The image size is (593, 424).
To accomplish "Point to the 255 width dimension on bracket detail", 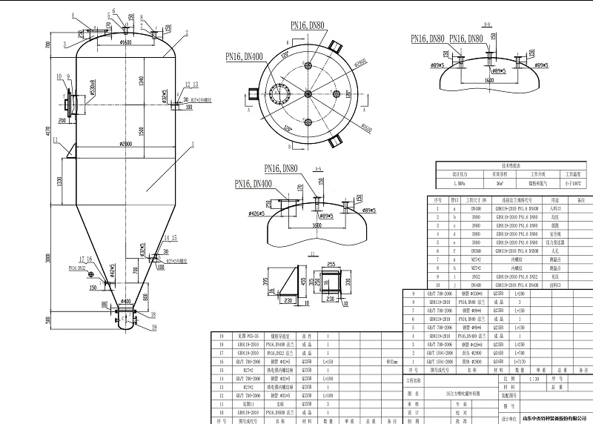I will [331, 263].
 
